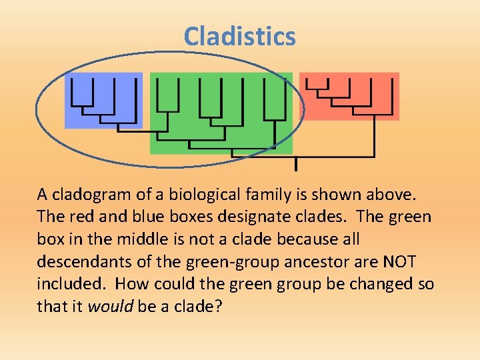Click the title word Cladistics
click(239, 36)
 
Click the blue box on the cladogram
click(103, 100)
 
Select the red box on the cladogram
click(349, 96)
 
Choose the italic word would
click(113, 307)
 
